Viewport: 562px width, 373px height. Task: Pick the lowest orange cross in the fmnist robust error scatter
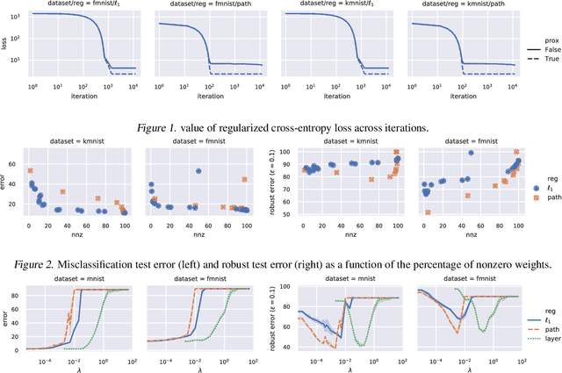click(428, 212)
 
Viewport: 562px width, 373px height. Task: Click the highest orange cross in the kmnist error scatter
click(30, 171)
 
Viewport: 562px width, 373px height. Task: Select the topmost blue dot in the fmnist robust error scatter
click(471, 154)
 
